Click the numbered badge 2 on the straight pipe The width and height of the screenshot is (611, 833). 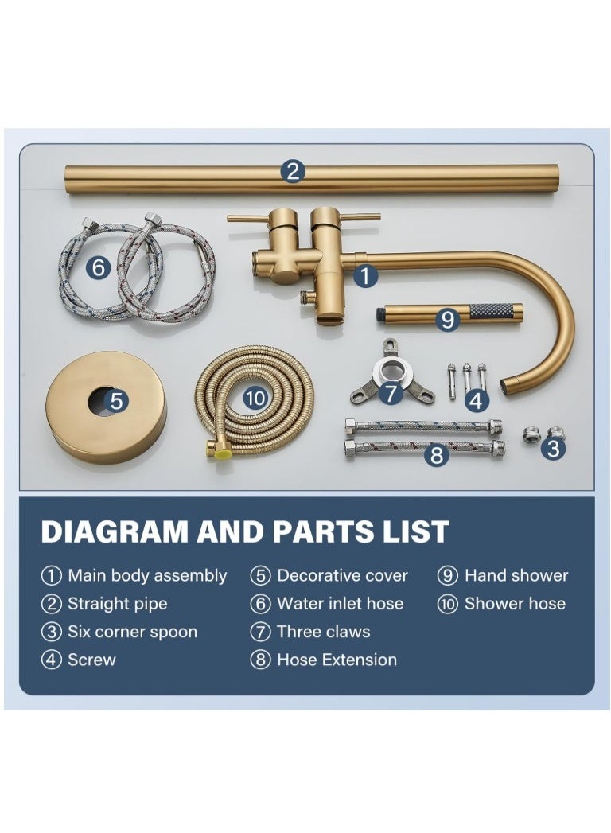click(x=294, y=171)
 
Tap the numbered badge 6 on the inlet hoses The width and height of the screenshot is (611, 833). click(x=99, y=268)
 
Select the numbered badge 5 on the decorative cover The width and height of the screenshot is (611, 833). click(x=117, y=401)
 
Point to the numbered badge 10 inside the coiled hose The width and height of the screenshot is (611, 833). click(x=255, y=396)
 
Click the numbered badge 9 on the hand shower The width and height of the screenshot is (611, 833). click(x=448, y=319)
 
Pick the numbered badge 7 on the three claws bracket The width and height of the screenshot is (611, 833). click(x=390, y=393)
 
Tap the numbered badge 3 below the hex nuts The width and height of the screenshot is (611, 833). click(x=554, y=449)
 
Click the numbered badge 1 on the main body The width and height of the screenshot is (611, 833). click(x=364, y=276)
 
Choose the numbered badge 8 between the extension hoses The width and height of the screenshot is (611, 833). click(x=436, y=456)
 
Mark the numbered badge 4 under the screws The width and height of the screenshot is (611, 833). click(x=476, y=401)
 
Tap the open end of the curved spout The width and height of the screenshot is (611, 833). click(x=507, y=387)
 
